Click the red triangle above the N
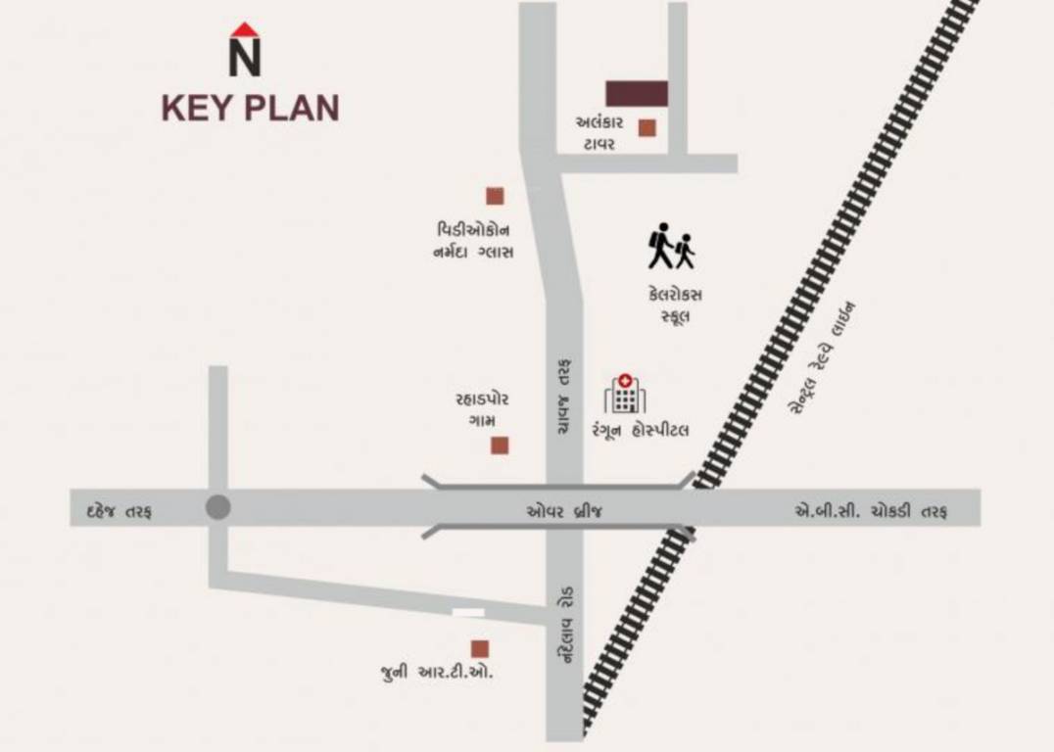tap(245, 28)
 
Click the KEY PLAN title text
tap(250, 108)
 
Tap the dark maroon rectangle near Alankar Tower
tap(637, 93)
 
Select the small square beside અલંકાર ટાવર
tap(647, 127)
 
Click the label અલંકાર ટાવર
tap(596, 133)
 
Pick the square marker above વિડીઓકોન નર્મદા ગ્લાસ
tap(495, 196)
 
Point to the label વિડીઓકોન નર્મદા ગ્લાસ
tap(475, 241)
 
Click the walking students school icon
tap(671, 246)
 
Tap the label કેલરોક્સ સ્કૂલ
tap(675, 305)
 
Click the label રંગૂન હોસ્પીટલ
tap(640, 430)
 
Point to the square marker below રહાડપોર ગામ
tap(500, 446)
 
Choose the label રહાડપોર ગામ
tap(482, 409)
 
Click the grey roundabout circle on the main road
tap(217, 507)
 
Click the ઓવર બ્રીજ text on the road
tap(564, 511)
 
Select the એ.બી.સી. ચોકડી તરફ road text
tap(869, 512)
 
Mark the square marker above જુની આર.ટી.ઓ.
tap(480, 648)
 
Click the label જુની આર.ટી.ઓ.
tap(437, 674)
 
